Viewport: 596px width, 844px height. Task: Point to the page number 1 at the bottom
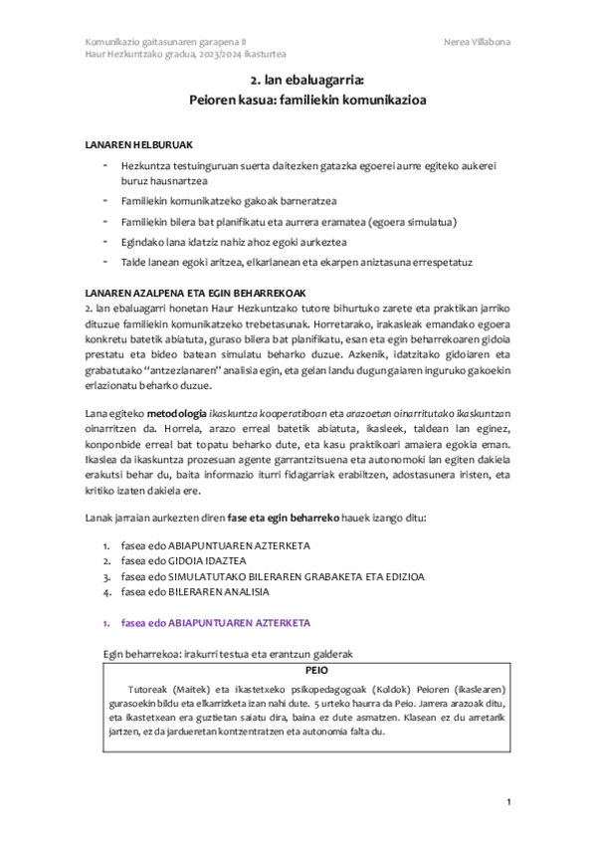coord(508,802)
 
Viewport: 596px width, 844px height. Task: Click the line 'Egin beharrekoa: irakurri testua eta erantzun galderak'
coord(230,654)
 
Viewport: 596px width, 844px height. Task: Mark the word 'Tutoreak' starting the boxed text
coord(150,689)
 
